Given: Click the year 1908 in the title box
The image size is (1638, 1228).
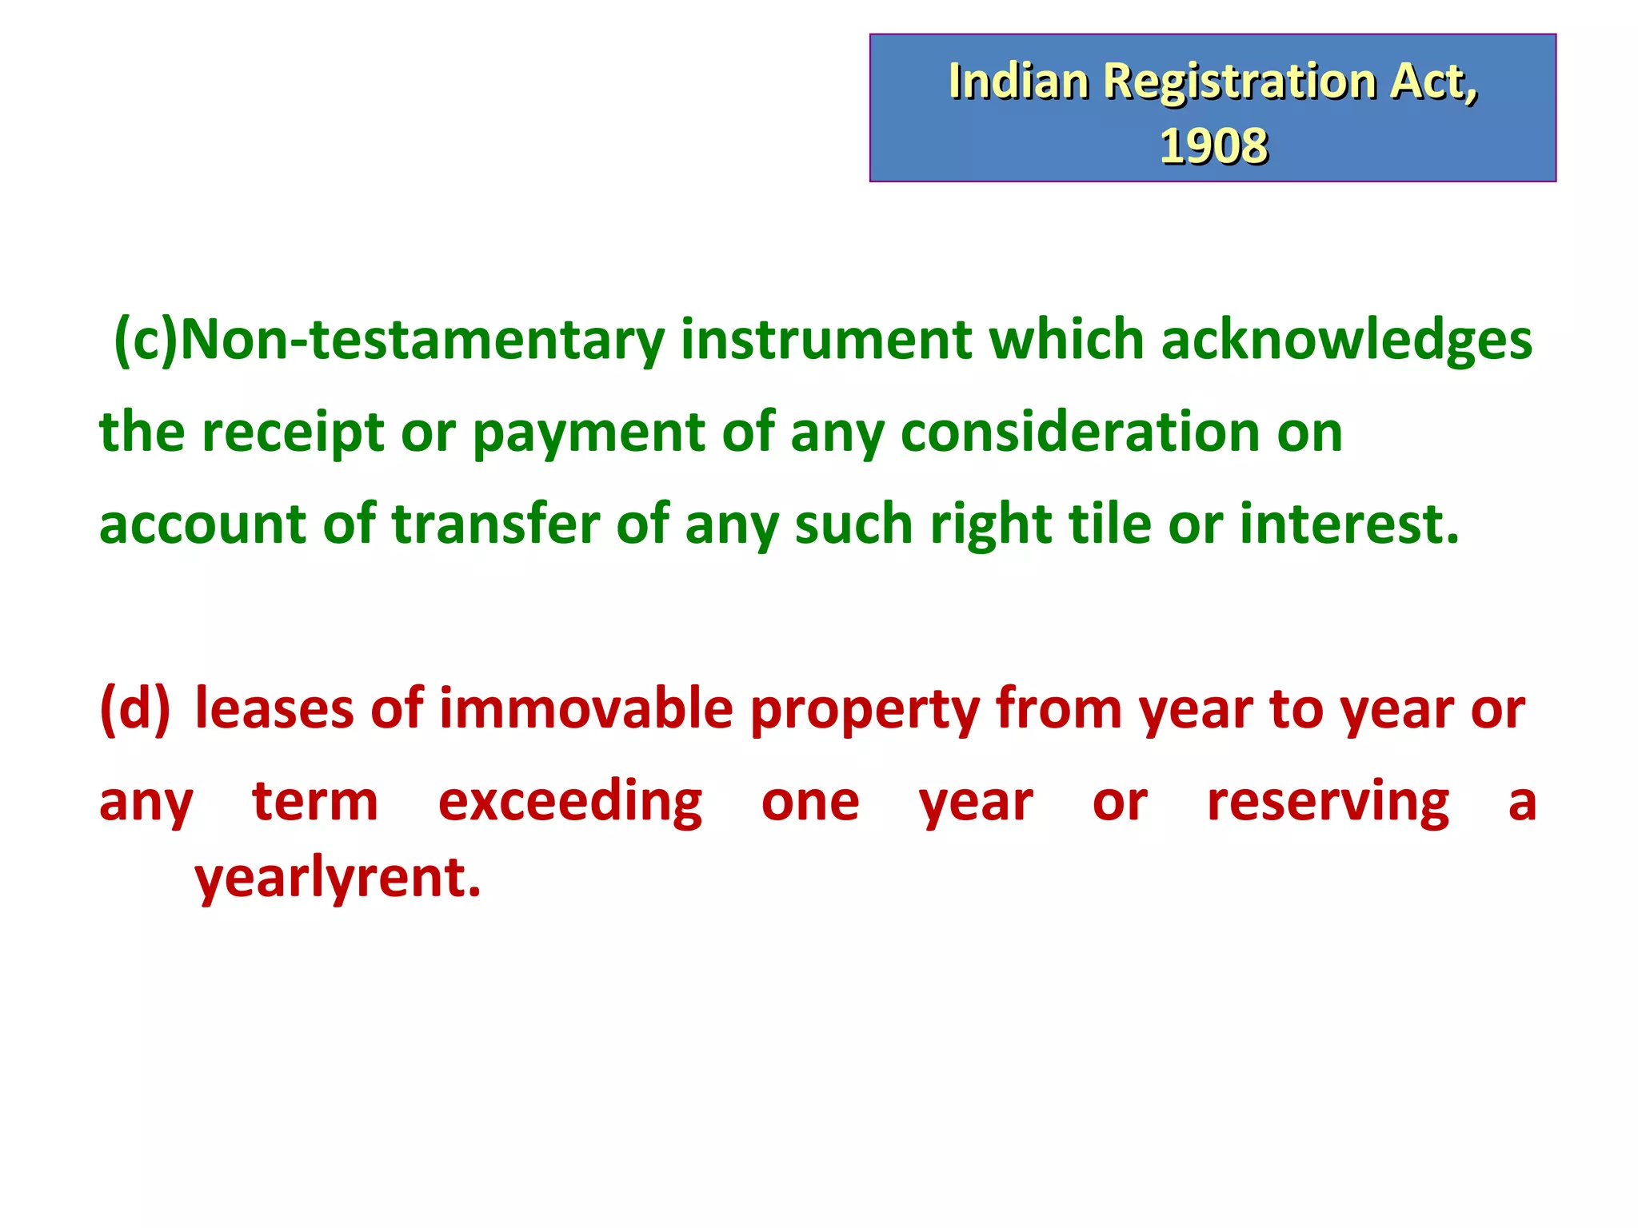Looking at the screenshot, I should point(1213,146).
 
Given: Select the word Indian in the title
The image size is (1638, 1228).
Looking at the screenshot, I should point(1018,82).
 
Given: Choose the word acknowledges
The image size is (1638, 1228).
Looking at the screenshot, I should point(1346,340).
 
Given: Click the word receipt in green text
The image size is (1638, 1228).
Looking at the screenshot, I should point(293,433).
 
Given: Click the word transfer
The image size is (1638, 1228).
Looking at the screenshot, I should point(495,524).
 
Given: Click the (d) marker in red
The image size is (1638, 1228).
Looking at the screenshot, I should point(135,709).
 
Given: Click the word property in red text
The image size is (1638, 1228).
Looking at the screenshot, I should point(863,709).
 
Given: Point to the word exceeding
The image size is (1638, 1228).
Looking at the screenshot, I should point(570,802).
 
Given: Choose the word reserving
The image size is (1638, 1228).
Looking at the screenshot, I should point(1328,802).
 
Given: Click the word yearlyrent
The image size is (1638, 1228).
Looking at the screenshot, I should point(338,878).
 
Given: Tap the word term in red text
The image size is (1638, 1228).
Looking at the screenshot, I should point(315,802).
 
